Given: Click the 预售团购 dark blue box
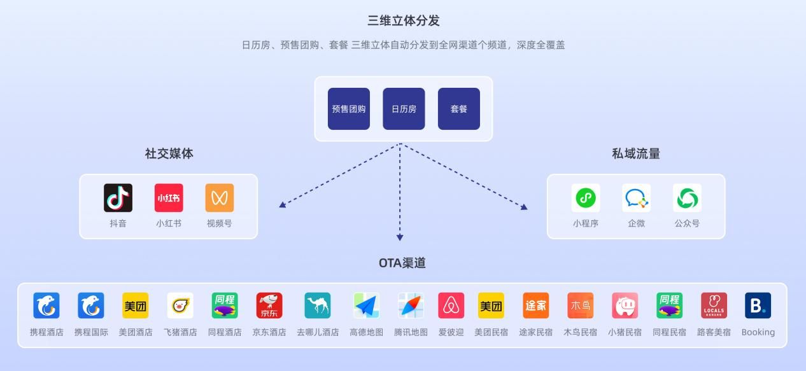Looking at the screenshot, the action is tap(349, 109).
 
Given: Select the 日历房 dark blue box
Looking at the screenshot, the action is tap(404, 109).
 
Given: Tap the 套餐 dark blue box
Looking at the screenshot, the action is tap(459, 109).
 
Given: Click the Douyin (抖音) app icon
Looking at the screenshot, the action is tap(118, 198).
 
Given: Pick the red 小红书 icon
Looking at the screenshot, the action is tap(169, 198).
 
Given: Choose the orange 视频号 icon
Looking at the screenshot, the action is tap(220, 198).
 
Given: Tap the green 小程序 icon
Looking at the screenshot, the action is tap(586, 198).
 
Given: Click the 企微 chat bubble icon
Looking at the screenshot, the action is tap(637, 198).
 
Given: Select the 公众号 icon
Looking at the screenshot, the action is tap(687, 198).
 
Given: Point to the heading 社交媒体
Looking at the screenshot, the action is tap(169, 153).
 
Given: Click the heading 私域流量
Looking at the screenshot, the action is tap(636, 153).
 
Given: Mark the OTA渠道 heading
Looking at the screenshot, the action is tap(402, 263).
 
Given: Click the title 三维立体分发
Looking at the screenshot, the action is tap(404, 20).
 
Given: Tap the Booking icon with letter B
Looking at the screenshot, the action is tap(758, 305).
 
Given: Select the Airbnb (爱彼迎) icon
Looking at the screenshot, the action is tap(451, 305).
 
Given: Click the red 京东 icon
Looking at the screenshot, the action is tap(269, 305).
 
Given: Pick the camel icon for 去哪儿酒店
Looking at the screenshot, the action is tap(317, 305).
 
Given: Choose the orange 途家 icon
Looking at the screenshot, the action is tap(536, 305).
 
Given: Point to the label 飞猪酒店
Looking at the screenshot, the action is tap(180, 332).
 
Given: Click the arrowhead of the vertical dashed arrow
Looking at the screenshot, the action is tap(400, 237).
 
